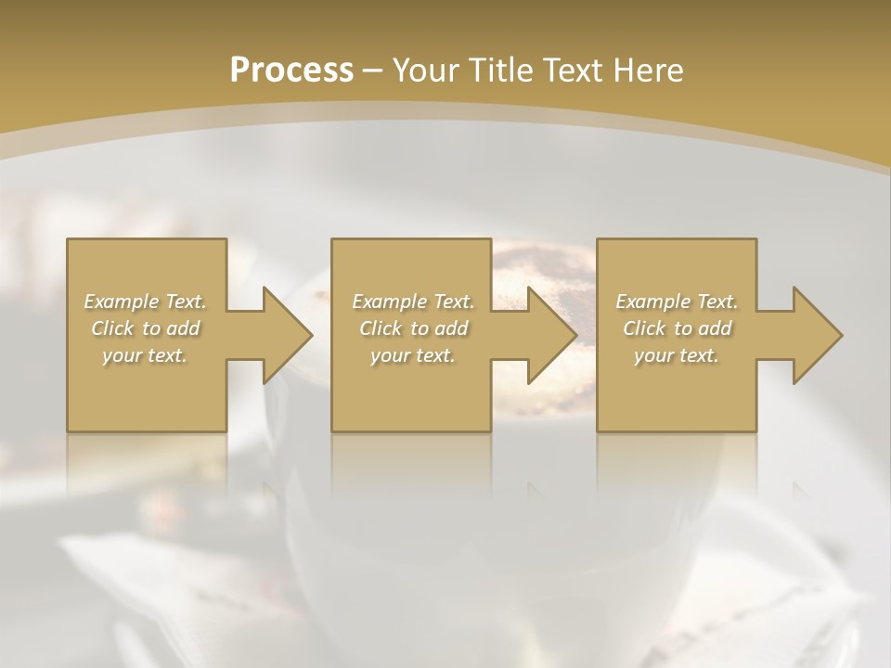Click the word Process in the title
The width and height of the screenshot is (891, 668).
click(x=291, y=71)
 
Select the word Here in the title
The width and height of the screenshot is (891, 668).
click(x=647, y=71)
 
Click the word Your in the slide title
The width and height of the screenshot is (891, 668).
click(x=423, y=71)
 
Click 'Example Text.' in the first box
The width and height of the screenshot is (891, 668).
click(x=145, y=302)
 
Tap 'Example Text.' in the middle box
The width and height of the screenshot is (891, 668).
click(x=413, y=302)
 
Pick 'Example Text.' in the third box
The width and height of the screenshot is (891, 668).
click(x=677, y=302)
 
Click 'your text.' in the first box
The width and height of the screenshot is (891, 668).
click(x=145, y=355)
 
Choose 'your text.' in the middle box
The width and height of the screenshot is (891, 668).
click(x=413, y=355)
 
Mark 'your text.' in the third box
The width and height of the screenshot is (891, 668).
click(x=677, y=355)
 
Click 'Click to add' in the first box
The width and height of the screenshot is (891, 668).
click(x=145, y=328)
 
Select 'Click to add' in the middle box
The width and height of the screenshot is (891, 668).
click(x=413, y=328)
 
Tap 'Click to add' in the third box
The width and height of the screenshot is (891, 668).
click(x=677, y=328)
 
